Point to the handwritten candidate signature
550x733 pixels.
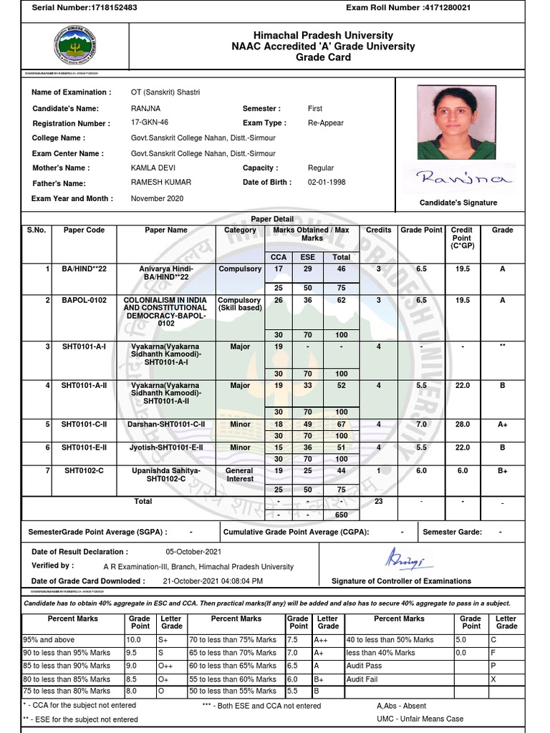[465, 178]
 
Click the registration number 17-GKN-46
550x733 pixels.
[150, 122]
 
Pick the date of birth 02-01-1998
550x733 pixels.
[327, 183]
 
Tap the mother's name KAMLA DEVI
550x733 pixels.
[153, 168]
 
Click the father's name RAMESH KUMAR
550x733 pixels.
[160, 183]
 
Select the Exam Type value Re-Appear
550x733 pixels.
[327, 122]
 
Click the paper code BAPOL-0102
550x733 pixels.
[84, 301]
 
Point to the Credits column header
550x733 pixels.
[379, 230]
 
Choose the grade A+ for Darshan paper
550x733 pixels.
[503, 424]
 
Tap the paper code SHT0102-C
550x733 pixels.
[84, 470]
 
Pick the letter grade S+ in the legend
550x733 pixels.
[167, 640]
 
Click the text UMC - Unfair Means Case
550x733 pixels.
[420, 719]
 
